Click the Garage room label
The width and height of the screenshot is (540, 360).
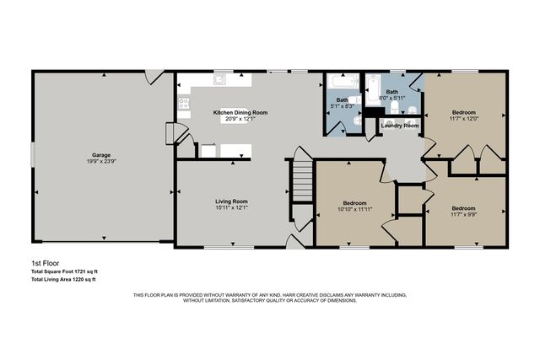click(102, 154)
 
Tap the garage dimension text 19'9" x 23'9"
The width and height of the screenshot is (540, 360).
click(102, 161)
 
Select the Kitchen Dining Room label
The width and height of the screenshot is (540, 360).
click(240, 112)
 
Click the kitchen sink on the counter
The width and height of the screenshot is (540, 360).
click(219, 81)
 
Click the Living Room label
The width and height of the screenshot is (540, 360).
click(230, 201)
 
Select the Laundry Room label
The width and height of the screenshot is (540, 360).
click(399, 126)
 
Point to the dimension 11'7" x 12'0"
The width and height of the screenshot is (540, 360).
click(463, 119)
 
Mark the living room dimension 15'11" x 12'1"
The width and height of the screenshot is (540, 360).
click(230, 208)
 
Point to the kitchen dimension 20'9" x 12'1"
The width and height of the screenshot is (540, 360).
click(240, 119)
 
